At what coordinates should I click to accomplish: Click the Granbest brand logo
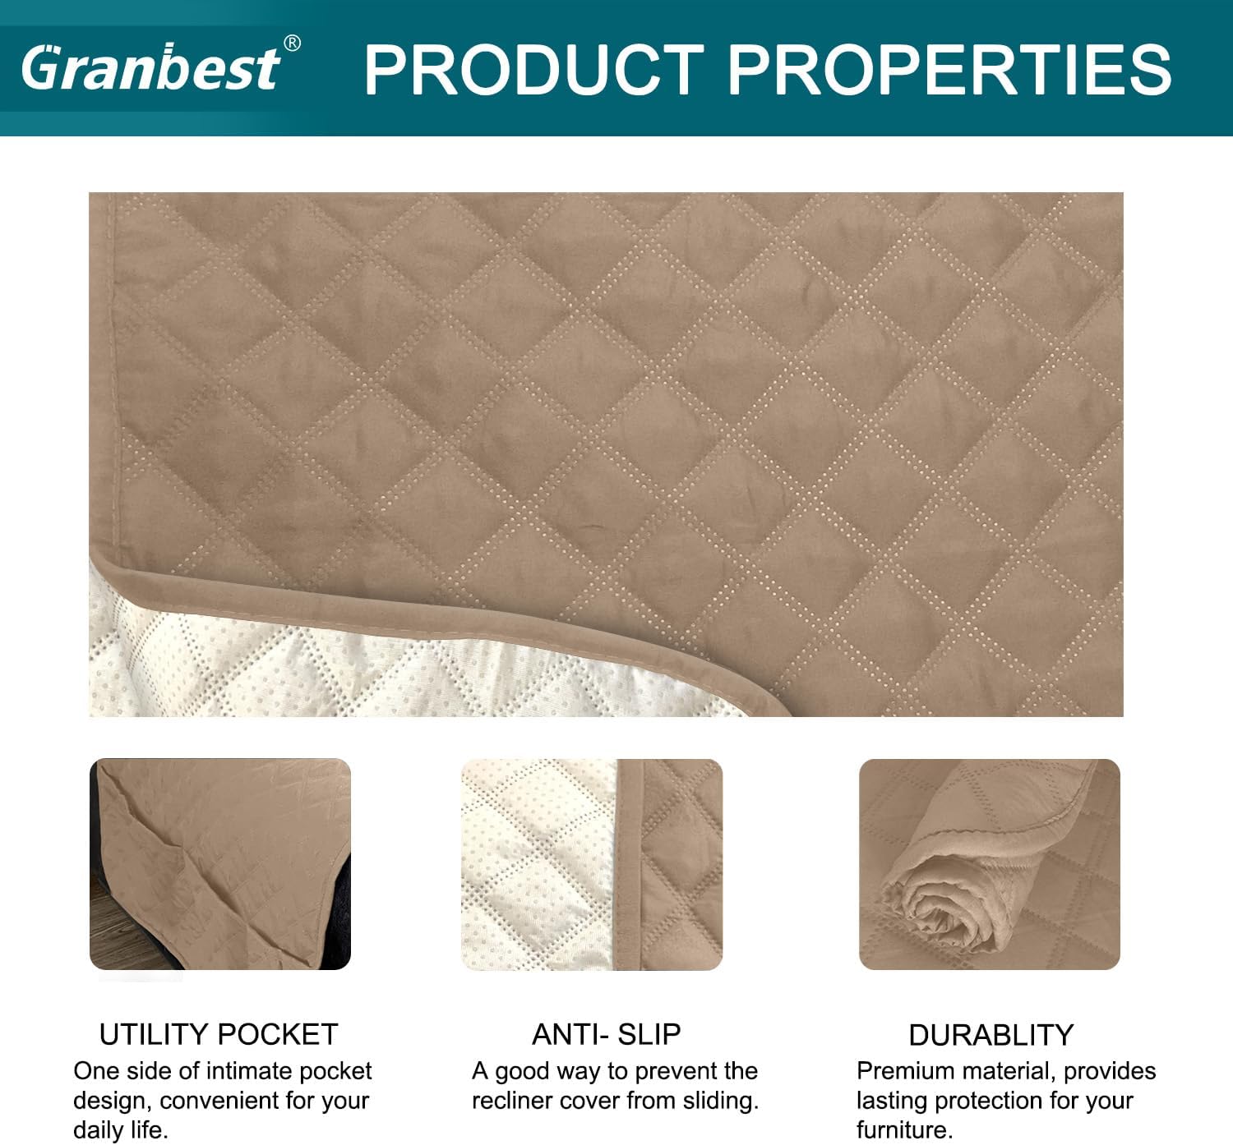coord(151,67)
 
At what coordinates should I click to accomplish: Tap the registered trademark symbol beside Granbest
coord(292,44)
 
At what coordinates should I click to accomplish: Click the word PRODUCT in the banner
coord(534,70)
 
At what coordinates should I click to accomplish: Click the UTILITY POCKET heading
coord(219,1035)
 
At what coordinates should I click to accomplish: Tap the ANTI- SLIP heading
coord(606,1035)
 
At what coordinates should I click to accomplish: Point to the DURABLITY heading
coord(991,1035)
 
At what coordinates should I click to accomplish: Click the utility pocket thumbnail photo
coord(220,864)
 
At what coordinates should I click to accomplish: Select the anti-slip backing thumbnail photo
coord(592,864)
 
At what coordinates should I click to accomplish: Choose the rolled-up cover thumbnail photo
coord(990,864)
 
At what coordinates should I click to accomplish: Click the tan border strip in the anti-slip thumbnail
coord(628,864)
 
